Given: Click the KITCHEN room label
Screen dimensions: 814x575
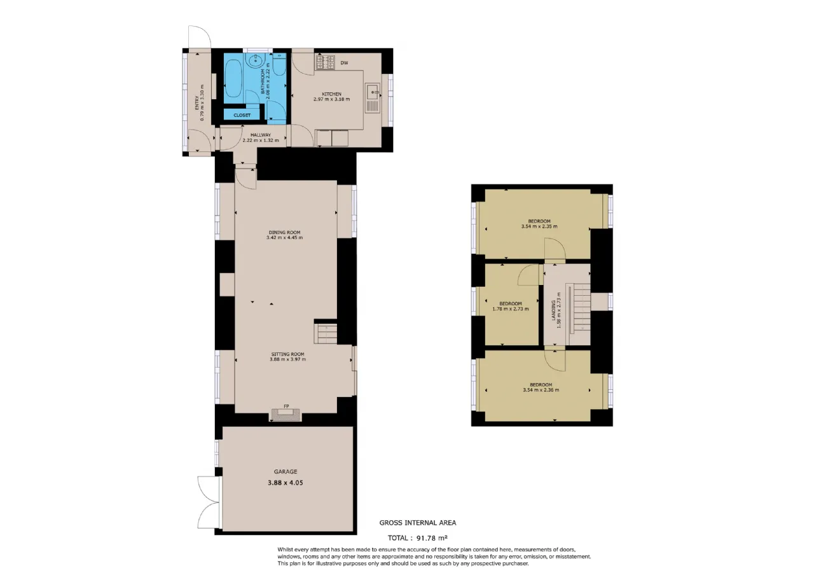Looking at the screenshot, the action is tap(331, 94).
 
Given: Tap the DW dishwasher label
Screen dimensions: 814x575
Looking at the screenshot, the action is tap(344, 63).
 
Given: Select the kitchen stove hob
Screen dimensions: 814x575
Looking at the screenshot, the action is tap(325, 62).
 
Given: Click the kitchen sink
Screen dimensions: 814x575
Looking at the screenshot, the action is tap(373, 97).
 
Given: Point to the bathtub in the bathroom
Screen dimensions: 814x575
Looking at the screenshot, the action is tap(233, 79).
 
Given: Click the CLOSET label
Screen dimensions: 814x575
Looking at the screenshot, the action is tap(242, 115).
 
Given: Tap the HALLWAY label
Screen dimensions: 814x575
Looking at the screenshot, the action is tap(261, 135).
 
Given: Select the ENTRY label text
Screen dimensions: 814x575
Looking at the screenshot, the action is tap(197, 102).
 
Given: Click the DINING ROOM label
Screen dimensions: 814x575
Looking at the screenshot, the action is tap(284, 232).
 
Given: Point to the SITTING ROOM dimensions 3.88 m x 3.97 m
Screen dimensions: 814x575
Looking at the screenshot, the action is tap(288, 359).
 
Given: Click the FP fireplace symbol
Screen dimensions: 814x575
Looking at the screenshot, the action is tap(286, 414).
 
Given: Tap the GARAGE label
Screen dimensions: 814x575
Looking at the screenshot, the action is tap(286, 471).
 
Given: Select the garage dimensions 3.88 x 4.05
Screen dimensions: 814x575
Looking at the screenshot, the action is tap(286, 483).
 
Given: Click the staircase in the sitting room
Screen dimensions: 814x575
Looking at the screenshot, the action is tap(326, 334).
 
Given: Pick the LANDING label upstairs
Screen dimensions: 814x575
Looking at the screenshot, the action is tap(553, 310).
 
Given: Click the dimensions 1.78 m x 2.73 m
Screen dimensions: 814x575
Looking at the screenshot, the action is tap(511, 309).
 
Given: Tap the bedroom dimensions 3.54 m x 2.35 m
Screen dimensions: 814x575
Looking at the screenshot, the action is tap(539, 226).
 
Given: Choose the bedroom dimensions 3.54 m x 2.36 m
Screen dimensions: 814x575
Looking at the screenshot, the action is tap(541, 390).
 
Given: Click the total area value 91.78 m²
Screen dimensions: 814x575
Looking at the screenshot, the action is tap(432, 537).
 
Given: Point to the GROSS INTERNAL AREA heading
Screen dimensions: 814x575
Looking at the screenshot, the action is tap(418, 523).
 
